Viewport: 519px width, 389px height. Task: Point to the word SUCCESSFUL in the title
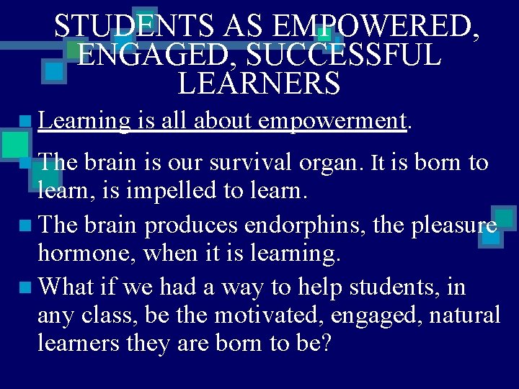[x=338, y=55]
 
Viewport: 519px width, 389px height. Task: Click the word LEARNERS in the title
[x=258, y=84]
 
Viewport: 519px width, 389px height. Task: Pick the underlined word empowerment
[x=332, y=121]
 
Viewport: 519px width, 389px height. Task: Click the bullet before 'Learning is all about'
[x=27, y=122]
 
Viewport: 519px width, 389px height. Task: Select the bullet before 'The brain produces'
[x=27, y=226]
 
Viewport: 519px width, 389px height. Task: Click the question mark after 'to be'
[x=324, y=343]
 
